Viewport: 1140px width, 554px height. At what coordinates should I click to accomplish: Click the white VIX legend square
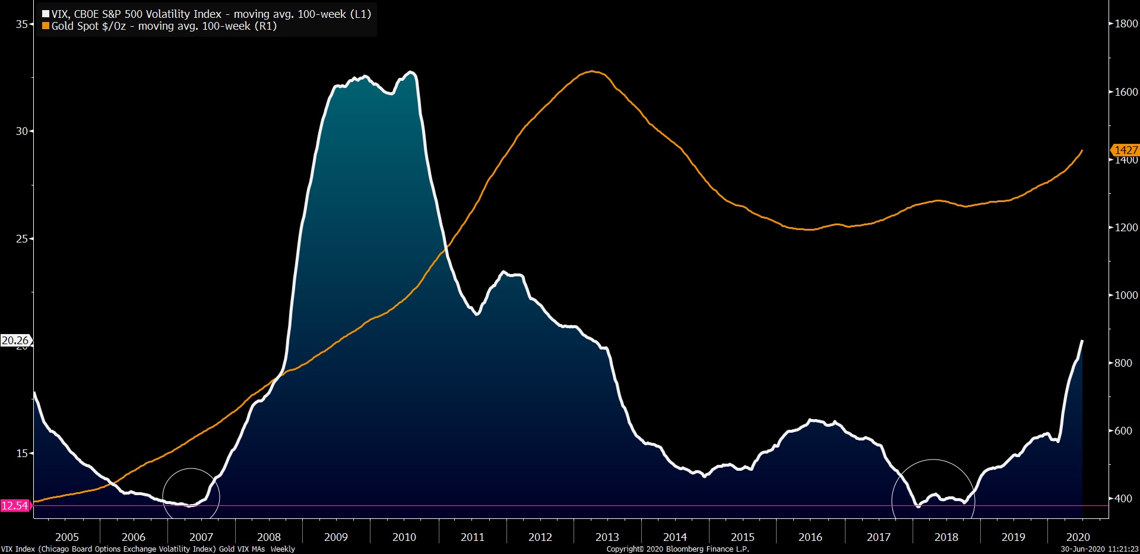(x=46, y=14)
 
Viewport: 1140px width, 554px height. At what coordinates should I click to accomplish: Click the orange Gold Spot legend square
(x=46, y=26)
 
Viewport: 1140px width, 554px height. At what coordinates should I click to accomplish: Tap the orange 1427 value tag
(x=1125, y=150)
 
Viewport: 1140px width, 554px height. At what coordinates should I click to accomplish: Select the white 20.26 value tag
(x=15, y=341)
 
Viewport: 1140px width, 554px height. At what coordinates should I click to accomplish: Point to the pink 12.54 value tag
(x=15, y=506)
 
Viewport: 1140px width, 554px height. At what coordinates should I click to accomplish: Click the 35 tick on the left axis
(x=22, y=24)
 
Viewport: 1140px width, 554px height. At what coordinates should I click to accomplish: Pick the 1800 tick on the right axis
(x=1126, y=24)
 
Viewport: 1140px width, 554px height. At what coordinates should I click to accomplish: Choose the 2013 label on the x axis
(x=607, y=537)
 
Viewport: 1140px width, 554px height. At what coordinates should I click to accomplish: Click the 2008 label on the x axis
(x=268, y=537)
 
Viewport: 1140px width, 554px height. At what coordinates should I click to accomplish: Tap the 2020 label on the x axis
(x=1078, y=537)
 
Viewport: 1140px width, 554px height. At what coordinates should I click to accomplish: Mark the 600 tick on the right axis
(x=1123, y=431)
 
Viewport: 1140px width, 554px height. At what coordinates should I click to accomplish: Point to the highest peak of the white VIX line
(x=411, y=73)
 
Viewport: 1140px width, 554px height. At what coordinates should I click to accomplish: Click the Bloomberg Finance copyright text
(x=677, y=549)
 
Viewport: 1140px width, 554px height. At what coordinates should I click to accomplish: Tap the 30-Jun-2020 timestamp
(x=1099, y=549)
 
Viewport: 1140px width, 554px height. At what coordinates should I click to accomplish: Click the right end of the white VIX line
(x=1082, y=341)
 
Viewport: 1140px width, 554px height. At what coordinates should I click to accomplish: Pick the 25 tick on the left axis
(x=22, y=239)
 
